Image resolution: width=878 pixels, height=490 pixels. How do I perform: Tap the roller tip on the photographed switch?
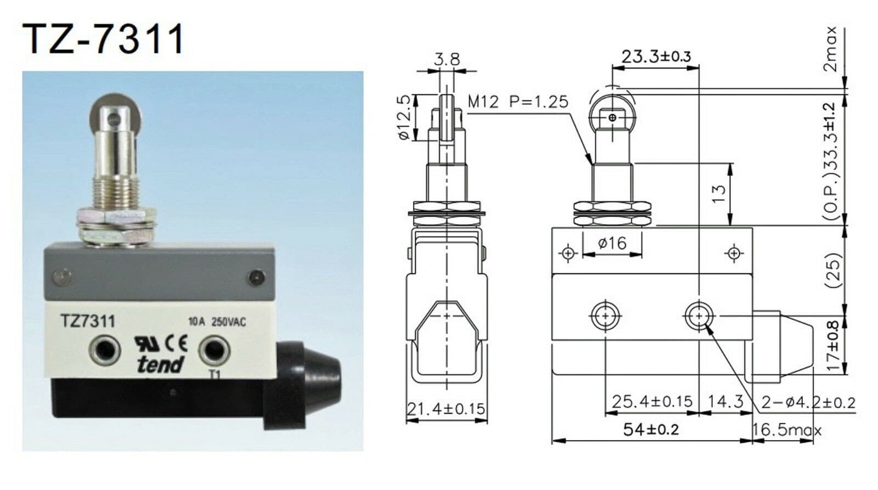(115, 112)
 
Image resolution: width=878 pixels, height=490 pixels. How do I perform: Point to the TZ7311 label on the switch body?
(88, 321)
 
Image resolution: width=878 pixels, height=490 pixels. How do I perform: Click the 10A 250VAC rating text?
(217, 322)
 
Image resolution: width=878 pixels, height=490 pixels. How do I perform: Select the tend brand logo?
(160, 363)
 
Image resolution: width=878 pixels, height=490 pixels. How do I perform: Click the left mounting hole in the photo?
(105, 350)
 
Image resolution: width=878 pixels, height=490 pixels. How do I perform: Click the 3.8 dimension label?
(447, 59)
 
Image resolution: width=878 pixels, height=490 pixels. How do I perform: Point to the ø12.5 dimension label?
(404, 117)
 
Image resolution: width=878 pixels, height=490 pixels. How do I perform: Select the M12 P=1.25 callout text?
(518, 102)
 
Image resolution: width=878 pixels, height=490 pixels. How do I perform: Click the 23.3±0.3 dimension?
(656, 57)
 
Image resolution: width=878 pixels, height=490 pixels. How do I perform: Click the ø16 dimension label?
(612, 243)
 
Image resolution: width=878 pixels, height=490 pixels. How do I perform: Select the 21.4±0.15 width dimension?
(446, 409)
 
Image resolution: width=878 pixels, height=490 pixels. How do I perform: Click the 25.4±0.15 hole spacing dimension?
(652, 402)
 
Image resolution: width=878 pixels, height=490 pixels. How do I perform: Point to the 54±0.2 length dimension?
(651, 430)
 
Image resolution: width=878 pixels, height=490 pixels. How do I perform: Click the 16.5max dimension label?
(786, 430)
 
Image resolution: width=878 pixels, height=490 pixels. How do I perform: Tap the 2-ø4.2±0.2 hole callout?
(808, 403)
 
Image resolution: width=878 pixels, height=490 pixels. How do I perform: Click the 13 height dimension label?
(719, 194)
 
